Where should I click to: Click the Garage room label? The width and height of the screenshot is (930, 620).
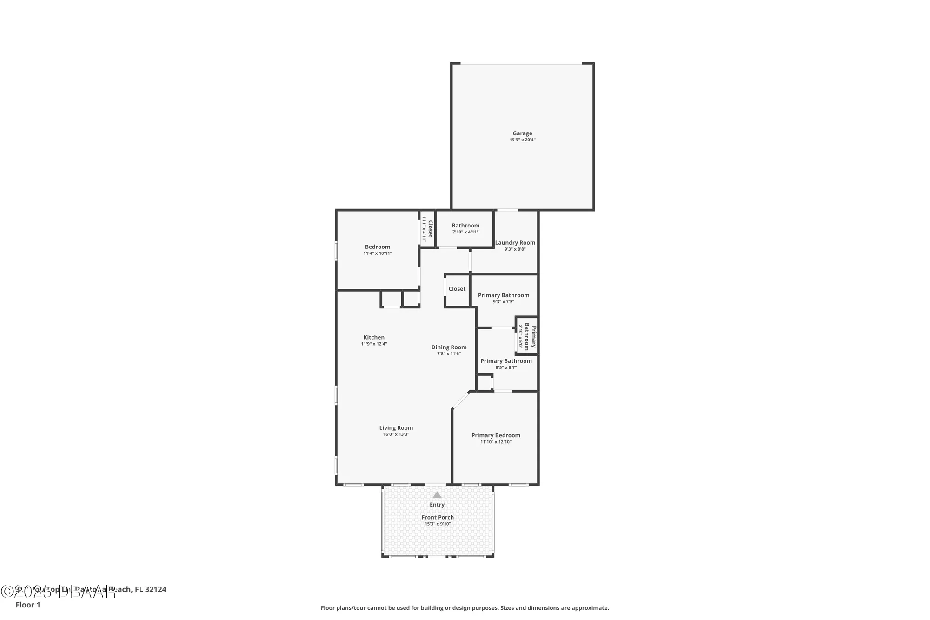522,133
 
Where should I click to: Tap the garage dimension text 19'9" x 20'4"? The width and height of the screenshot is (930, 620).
522,140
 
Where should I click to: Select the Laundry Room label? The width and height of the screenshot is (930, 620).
515,243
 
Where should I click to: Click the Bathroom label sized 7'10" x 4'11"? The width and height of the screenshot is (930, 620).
465,226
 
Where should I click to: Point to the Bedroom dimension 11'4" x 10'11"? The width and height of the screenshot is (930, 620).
378,253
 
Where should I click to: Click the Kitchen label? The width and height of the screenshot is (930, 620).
374,338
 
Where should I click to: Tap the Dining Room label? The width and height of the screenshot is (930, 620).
449,347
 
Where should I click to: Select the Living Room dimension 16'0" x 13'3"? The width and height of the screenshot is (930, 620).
396,434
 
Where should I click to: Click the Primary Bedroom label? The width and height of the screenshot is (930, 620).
496,436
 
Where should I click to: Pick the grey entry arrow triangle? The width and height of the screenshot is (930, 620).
437,495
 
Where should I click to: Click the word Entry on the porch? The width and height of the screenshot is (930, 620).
437,505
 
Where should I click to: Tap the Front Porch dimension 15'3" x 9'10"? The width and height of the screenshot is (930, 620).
438,524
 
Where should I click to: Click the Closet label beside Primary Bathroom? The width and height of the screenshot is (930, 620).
457,289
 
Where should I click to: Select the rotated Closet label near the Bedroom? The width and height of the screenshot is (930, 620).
430,229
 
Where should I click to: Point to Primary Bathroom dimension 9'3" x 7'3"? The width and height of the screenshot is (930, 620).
504,302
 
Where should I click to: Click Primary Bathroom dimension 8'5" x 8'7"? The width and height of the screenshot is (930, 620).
506,367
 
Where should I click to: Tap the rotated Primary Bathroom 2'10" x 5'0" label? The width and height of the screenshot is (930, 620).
527,336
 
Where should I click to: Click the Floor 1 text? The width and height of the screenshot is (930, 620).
28,605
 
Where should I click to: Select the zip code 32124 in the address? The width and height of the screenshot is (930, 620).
155,589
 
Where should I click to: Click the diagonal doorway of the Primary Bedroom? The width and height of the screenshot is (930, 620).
461,400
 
